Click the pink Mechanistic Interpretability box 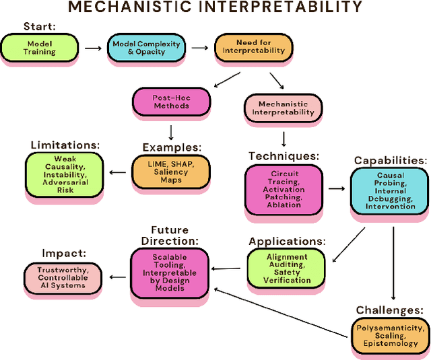click(x=282, y=107)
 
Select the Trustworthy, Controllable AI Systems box click(x=63, y=277)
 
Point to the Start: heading click(x=40, y=26)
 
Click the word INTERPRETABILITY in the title click(x=283, y=8)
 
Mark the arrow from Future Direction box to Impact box click(x=117, y=276)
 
